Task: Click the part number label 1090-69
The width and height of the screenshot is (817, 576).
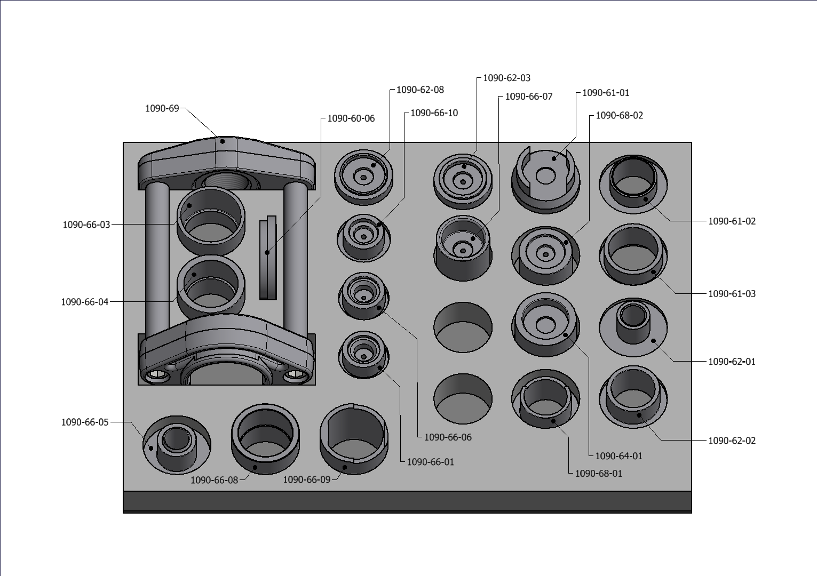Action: point(162,108)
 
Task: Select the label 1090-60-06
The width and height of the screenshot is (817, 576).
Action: point(351,118)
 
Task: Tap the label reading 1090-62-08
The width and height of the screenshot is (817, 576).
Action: point(420,90)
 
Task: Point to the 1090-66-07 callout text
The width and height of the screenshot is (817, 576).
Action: point(528,97)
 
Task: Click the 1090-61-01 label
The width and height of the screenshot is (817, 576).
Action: point(606,93)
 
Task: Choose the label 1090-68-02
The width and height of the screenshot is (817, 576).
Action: point(619,115)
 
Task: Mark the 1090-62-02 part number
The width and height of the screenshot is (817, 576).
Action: point(732,441)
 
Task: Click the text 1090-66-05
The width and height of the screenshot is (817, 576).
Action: point(85,422)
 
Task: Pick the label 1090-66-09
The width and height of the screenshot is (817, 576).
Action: point(307,479)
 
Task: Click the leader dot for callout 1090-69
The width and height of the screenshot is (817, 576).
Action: point(223,141)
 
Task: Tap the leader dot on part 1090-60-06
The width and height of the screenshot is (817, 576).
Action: point(267,253)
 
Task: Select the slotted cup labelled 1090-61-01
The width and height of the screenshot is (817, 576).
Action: point(545,179)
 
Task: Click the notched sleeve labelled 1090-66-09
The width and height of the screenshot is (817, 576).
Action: point(354,438)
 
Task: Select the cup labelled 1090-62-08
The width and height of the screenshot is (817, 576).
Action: point(363,177)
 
